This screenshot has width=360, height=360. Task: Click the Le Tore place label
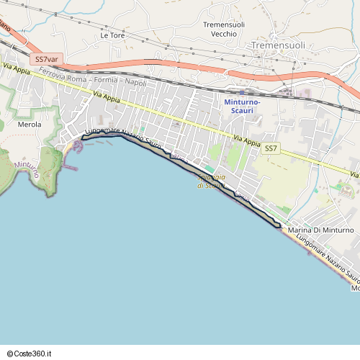click(x=113, y=35)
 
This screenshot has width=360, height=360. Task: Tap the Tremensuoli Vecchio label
click(x=224, y=30)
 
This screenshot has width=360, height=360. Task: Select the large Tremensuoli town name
click(x=279, y=45)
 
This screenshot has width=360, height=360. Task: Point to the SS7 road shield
click(x=270, y=148)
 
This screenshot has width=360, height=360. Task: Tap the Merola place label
click(x=29, y=125)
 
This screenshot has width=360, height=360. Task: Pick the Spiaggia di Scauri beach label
click(x=212, y=181)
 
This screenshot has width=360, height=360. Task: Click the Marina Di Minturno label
click(x=320, y=230)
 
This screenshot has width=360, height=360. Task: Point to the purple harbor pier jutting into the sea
click(x=70, y=167)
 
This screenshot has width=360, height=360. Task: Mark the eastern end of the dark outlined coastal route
click(x=279, y=227)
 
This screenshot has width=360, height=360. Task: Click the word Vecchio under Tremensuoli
click(x=224, y=34)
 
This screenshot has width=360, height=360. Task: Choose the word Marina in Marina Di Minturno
click(x=300, y=230)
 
